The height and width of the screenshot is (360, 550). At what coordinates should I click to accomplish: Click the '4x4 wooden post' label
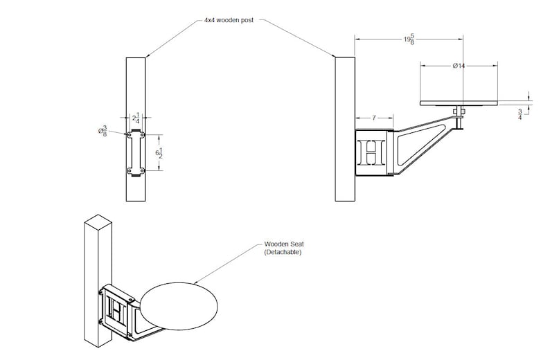229,20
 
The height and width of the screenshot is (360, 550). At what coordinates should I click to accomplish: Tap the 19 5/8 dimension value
409,39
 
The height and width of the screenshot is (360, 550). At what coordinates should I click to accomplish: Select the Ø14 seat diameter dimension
459,66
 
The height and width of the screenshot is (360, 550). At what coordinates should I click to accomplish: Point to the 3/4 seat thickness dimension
520,114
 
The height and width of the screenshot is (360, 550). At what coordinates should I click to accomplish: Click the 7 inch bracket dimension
374,118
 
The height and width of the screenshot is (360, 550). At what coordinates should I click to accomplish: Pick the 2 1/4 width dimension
136,118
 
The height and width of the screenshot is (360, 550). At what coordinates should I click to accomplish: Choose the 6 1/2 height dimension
159,153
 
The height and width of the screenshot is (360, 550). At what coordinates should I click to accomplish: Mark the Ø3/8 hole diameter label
103,132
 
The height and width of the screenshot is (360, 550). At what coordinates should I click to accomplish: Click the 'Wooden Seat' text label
284,244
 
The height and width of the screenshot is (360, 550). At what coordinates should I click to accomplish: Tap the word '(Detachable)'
283,252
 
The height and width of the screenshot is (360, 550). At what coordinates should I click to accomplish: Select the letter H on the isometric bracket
117,309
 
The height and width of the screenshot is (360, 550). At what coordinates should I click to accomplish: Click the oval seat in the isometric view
179,306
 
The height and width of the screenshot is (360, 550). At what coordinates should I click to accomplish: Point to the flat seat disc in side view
459,103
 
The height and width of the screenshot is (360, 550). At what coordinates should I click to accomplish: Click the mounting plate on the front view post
136,153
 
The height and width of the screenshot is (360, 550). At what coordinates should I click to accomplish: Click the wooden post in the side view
345,129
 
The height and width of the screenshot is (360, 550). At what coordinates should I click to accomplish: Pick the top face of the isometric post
98,221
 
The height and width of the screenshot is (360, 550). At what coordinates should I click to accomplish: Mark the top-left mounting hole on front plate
130,134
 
